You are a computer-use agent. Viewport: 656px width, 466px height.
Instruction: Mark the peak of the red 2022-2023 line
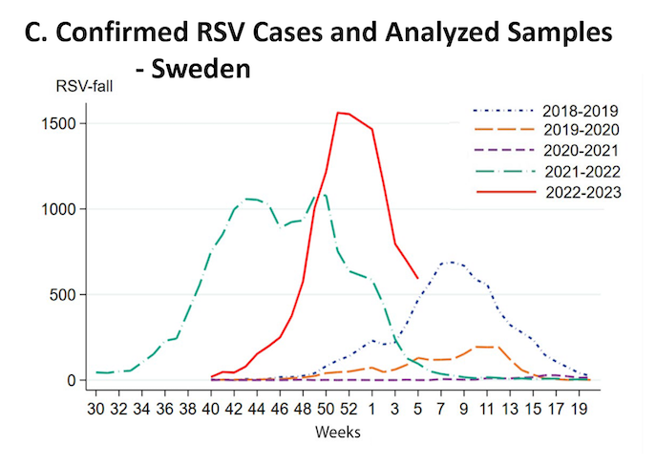coord(337,113)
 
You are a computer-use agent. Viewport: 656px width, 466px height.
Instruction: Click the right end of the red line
coord(417,279)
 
